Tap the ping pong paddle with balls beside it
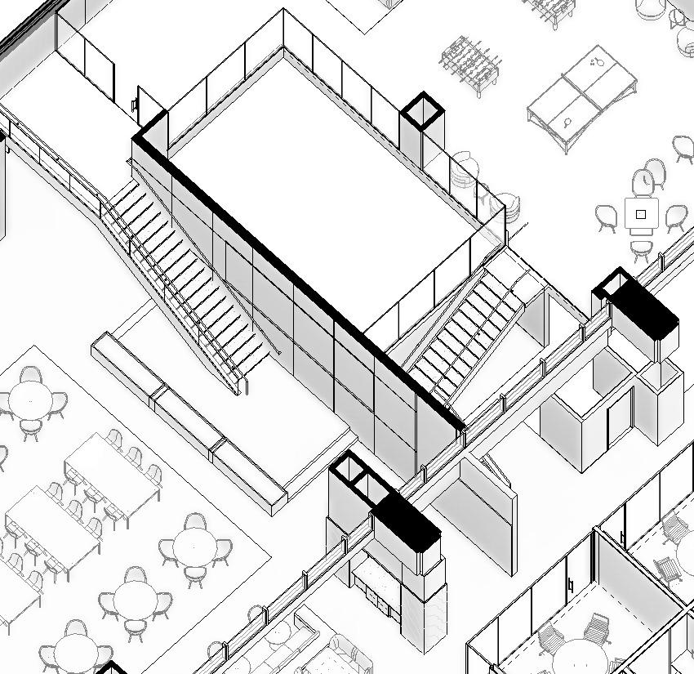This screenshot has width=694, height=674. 595,62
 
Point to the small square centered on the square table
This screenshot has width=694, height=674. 641,215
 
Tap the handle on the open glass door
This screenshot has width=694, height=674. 135,104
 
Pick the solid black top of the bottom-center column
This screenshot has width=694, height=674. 407,521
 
